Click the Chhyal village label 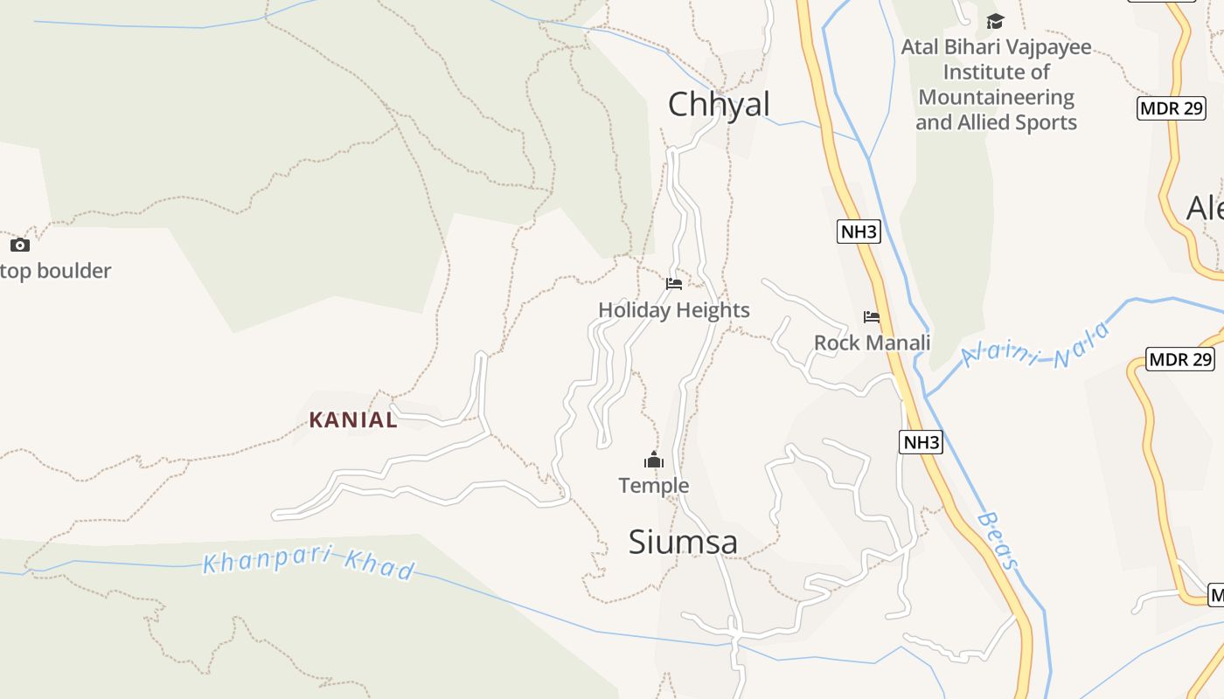tap(719, 105)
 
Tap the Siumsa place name tap(683, 543)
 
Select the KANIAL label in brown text tap(353, 420)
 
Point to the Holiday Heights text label tap(673, 310)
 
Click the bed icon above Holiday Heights tap(673, 284)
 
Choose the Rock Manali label tap(872, 343)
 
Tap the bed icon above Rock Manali tap(872, 317)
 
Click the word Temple tap(654, 486)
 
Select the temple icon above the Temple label tap(654, 460)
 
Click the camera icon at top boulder tap(19, 246)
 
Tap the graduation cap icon tap(995, 21)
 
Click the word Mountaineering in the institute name tap(997, 97)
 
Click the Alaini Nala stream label tap(1036, 348)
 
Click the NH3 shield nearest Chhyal tap(859, 232)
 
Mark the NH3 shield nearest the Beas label tap(921, 442)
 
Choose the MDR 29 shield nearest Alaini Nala tap(1180, 359)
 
